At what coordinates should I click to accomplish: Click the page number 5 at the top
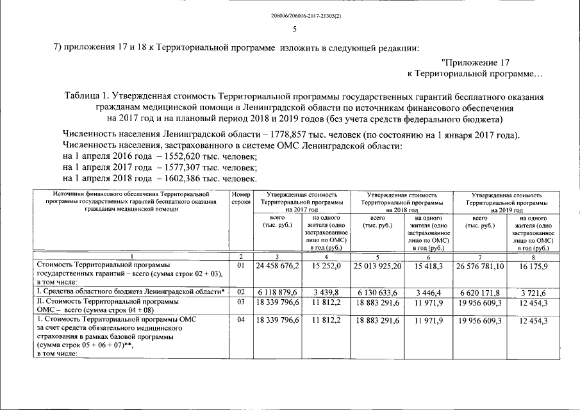tap(294, 29)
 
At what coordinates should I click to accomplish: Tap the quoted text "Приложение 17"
tap(475, 63)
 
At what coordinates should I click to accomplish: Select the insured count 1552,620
tap(185, 156)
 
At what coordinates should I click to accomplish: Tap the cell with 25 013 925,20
tap(378, 265)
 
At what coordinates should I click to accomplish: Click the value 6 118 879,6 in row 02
tap(279, 292)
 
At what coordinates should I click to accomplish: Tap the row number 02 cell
tap(241, 292)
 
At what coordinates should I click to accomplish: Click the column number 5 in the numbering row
tap(378, 256)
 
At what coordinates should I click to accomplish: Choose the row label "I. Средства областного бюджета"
tap(125, 292)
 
